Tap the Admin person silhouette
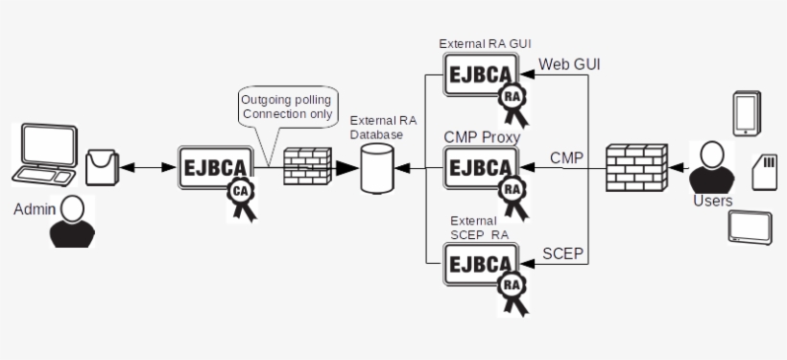72,223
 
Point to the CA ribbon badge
239,197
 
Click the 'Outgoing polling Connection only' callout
288,107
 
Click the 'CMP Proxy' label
482,137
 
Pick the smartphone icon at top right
746,113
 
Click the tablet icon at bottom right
751,227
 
